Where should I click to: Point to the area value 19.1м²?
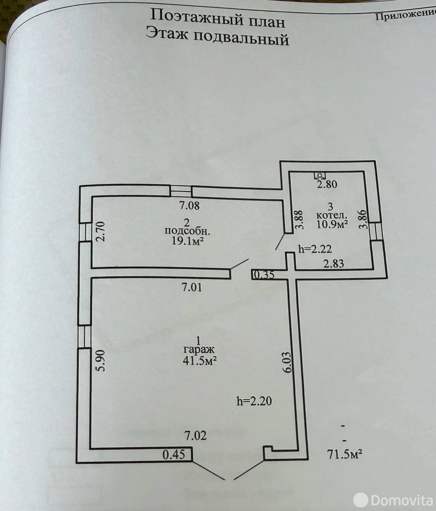(188, 241)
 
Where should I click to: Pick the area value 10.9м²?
(332, 224)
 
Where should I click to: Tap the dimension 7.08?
(189, 205)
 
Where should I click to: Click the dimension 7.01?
(192, 287)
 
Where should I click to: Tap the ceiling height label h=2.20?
(254, 401)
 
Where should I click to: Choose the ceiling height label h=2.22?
(315, 248)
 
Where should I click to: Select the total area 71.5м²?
(344, 453)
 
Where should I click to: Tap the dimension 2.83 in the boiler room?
(333, 263)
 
